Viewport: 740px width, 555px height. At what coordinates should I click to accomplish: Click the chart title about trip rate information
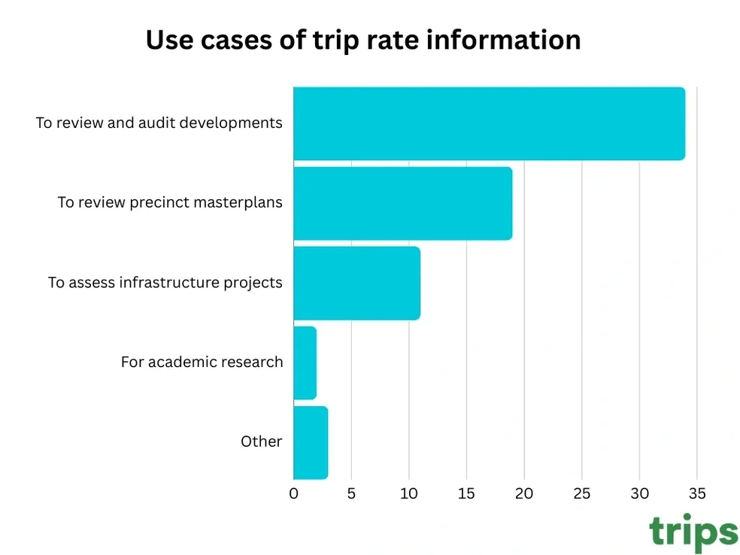pos(362,40)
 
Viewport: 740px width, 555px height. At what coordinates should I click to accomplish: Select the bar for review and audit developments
pos(489,123)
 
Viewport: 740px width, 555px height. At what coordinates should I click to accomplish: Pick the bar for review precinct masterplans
pos(402,203)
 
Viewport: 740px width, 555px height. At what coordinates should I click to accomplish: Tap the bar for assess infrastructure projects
pos(356,283)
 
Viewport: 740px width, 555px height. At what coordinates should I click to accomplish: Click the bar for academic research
pos(305,362)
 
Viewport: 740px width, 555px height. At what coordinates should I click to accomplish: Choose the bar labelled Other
pos(311,442)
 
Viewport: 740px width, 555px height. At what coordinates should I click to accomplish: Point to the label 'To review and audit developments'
pos(159,123)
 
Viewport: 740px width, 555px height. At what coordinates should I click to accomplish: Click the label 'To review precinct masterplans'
pos(170,203)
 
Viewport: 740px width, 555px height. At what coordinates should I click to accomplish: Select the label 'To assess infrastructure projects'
pos(165,283)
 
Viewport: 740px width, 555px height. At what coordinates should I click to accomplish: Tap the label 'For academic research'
pos(202,362)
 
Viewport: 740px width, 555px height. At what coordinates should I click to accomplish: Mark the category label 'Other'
pos(261,442)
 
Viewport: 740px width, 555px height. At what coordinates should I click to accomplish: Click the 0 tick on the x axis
pos(293,494)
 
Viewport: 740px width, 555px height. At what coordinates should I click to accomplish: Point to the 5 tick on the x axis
pos(351,494)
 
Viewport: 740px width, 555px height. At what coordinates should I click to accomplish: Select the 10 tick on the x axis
pos(408,494)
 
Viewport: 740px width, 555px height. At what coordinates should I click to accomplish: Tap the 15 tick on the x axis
pos(466,494)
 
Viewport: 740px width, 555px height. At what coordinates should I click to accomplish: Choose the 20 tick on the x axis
pos(524,494)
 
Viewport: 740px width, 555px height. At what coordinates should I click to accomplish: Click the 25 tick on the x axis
pos(581,494)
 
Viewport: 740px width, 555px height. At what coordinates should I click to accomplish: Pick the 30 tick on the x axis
pos(639,494)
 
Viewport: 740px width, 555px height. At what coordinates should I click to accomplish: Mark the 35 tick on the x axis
pos(696,494)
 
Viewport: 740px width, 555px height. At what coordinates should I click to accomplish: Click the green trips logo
pos(693,532)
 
